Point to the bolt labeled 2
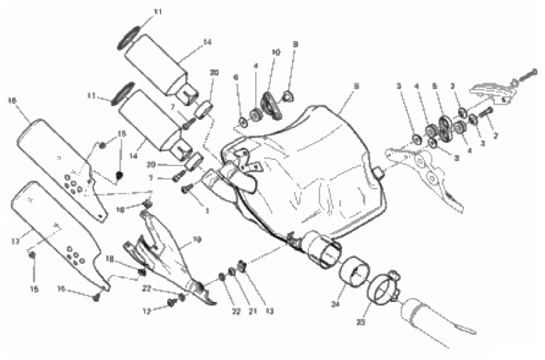click(485, 113)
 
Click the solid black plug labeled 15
click(120, 174)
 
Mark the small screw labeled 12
click(171, 303)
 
